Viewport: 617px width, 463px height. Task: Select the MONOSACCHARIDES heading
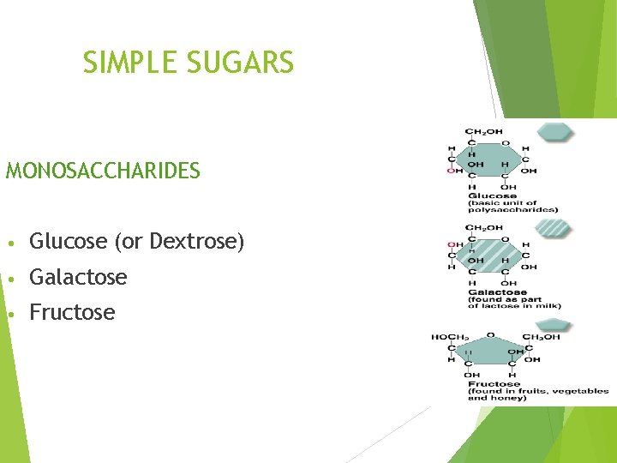click(x=103, y=171)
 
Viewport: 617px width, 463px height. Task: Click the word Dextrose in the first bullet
click(x=195, y=242)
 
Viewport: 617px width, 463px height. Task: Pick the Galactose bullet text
click(x=78, y=277)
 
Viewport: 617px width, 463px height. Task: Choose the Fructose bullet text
click(x=72, y=312)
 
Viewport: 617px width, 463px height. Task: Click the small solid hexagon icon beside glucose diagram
click(x=555, y=131)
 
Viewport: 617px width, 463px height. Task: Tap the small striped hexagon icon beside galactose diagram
click(x=555, y=228)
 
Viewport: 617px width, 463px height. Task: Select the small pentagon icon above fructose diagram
click(x=555, y=324)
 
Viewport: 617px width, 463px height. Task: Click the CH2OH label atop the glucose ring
click(x=484, y=132)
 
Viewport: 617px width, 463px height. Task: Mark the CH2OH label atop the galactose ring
click(x=484, y=228)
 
